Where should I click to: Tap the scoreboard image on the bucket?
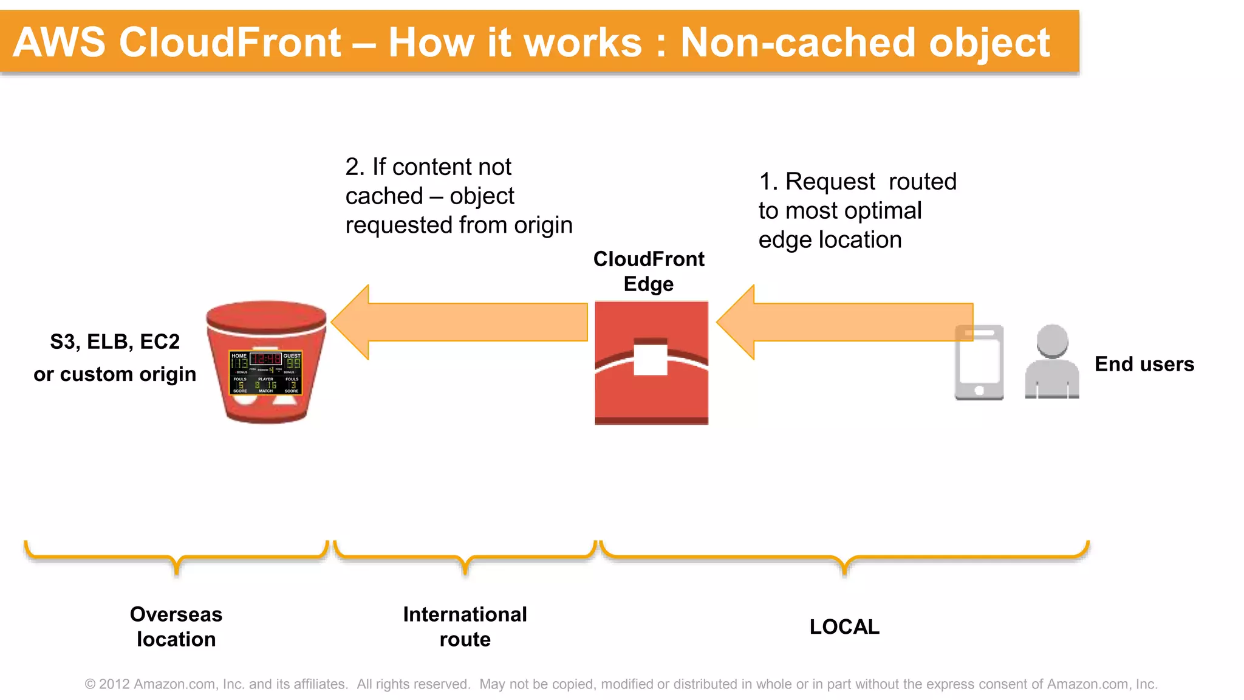pyautogui.click(x=265, y=372)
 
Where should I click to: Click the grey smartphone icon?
pyautogui.click(x=979, y=363)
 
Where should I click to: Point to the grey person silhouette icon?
pyautogui.click(x=1051, y=363)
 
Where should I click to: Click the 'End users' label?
pyautogui.click(x=1144, y=364)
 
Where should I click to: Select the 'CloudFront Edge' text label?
pyautogui.click(x=649, y=271)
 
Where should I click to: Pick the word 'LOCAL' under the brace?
pyautogui.click(x=844, y=626)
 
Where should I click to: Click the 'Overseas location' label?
pyautogui.click(x=176, y=626)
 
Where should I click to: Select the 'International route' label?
pyautogui.click(x=465, y=626)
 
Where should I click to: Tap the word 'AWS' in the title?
pyautogui.click(x=59, y=43)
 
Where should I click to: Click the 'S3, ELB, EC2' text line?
pyautogui.click(x=115, y=341)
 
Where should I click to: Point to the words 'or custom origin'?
pyautogui.click(x=115, y=374)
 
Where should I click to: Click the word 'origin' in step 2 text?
pyautogui.click(x=543, y=225)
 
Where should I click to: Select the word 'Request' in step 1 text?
pyautogui.click(x=830, y=182)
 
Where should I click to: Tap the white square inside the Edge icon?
pyautogui.click(x=651, y=359)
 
